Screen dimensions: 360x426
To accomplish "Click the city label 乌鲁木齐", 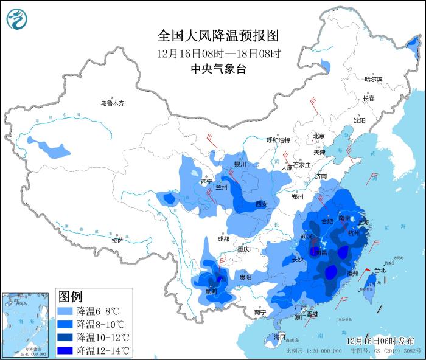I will [x=112, y=103].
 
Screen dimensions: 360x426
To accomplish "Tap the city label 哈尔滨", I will [x=373, y=80].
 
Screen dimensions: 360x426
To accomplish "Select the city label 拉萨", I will [x=117, y=240].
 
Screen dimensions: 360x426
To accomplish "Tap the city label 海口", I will [x=279, y=336].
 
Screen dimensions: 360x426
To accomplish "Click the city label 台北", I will [x=379, y=270].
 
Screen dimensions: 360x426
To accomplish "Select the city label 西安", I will [x=262, y=204].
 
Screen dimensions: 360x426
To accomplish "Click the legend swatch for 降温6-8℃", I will [x=66, y=311].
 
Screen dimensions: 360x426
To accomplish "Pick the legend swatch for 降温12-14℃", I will [x=66, y=350].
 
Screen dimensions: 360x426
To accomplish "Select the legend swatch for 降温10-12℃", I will [x=66, y=337].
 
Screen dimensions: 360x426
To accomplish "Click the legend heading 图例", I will [x=70, y=297].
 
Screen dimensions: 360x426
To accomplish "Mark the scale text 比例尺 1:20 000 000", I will [x=310, y=351].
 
